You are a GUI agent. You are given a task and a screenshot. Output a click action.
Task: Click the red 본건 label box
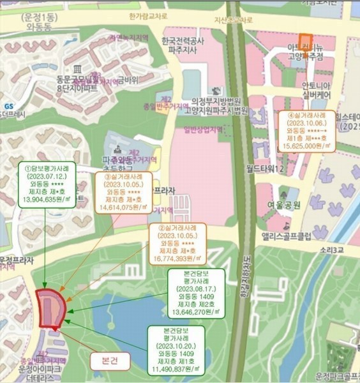(109, 361)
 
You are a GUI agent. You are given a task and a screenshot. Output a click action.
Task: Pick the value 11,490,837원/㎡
(176, 368)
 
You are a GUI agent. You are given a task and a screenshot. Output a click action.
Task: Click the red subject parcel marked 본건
(50, 310)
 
